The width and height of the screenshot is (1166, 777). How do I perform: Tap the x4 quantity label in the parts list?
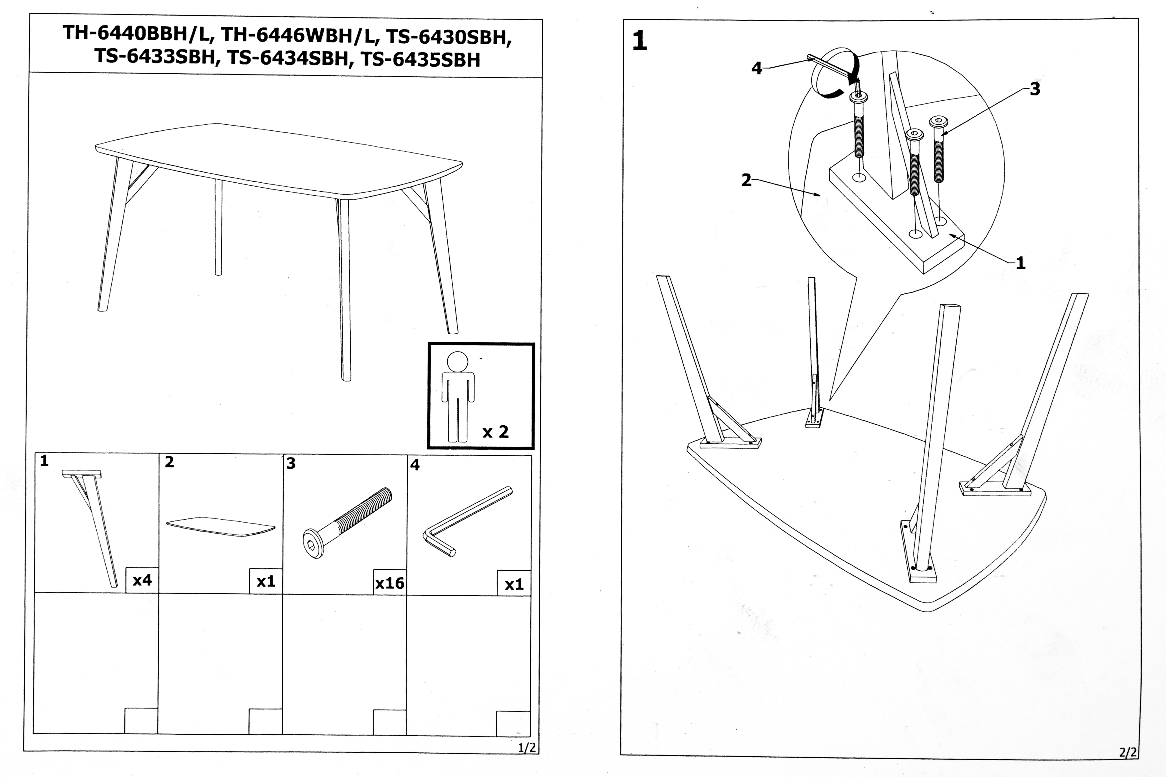(x=142, y=579)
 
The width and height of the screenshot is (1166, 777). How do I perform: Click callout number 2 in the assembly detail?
(x=746, y=181)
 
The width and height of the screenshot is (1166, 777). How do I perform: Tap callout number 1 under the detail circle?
(x=1020, y=263)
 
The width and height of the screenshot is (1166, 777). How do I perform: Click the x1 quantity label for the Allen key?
(x=514, y=585)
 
